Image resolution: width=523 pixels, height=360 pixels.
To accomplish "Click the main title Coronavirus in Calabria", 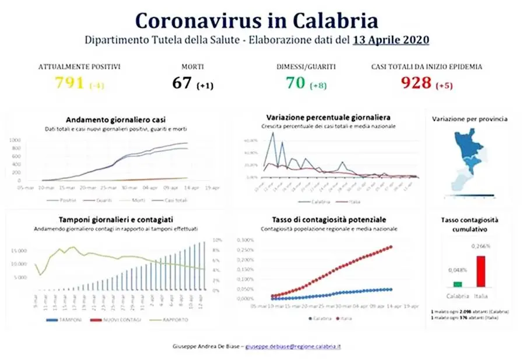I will (257, 20).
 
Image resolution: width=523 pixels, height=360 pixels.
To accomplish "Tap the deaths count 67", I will (182, 83).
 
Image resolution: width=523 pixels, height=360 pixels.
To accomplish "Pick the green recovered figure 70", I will (296, 83).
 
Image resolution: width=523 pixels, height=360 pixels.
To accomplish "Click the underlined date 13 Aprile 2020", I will (391, 41).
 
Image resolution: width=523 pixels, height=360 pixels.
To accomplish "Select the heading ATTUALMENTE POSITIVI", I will (79, 66).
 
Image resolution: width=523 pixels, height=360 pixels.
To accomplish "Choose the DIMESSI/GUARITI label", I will (306, 66).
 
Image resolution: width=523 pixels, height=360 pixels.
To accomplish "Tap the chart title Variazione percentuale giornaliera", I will (328, 117).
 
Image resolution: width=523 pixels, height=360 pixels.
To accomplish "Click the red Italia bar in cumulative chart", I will (481, 271).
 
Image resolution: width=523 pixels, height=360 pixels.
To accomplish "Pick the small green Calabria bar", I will (458, 284).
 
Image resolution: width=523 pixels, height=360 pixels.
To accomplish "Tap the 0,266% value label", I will (481, 246).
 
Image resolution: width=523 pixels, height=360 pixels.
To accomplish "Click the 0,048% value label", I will (457, 271).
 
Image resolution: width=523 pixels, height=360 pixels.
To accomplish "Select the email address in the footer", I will (293, 347).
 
